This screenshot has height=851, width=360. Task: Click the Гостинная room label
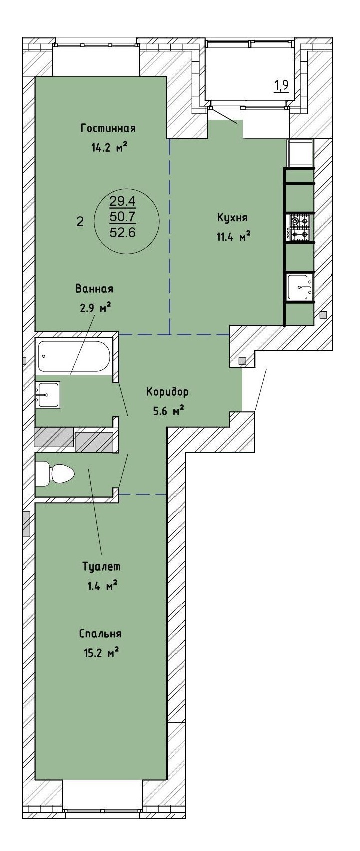pos(108,128)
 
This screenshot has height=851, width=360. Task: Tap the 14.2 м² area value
pos(109,147)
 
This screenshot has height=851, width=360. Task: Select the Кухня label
pos(232,218)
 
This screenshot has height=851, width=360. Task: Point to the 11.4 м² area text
pos(233,237)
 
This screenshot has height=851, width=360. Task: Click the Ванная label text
pos(94,289)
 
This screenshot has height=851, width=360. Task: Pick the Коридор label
pos(167,392)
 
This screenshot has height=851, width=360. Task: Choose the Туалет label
pos(101,566)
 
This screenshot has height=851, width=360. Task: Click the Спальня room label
pos(100,633)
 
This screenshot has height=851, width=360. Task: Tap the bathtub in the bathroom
pos(74,356)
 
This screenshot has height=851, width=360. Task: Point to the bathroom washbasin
pos(48,395)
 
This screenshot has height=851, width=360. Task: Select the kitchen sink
pos(300,287)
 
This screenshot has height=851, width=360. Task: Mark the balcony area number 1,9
pos(281,86)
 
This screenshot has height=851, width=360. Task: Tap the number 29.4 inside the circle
pos(122,200)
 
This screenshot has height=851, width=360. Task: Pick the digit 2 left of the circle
pos(80,222)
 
